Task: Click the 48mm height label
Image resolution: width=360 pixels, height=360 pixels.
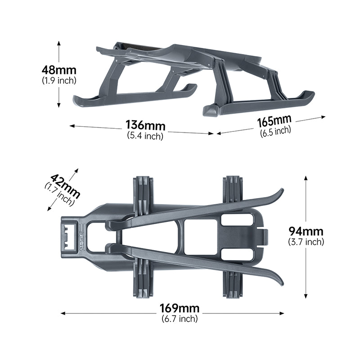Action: pyautogui.click(x=58, y=70)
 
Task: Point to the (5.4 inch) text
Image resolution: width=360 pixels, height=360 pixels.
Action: pyautogui.click(x=145, y=136)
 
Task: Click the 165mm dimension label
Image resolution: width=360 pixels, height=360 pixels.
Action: pyautogui.click(x=274, y=121)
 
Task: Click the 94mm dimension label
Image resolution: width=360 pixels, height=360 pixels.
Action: pyautogui.click(x=306, y=231)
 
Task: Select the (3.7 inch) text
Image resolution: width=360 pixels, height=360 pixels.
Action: pyautogui.click(x=306, y=242)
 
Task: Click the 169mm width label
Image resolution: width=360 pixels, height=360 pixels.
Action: pyautogui.click(x=179, y=309)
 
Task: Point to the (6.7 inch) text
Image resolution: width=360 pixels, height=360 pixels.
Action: pyautogui.click(x=179, y=319)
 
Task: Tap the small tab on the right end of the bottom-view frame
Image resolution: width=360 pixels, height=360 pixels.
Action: pyautogui.click(x=265, y=236)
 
